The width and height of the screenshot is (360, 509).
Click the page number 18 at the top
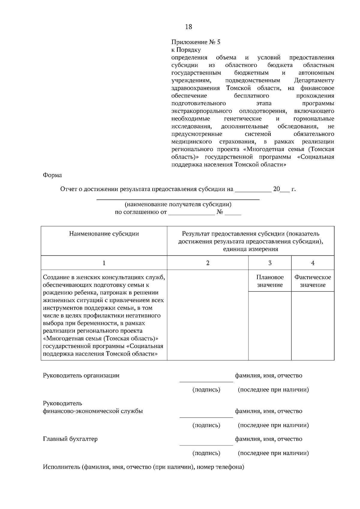188,27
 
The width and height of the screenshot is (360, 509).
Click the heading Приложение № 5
196,42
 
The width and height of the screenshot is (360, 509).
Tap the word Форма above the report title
52,175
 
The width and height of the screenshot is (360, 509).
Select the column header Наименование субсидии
104,234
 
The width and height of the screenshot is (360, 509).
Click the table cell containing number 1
104,263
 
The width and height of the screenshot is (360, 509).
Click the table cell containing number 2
208,263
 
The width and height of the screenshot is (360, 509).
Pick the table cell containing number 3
270,263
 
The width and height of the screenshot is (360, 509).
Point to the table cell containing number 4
313,263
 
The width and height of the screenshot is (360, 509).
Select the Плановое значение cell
270,281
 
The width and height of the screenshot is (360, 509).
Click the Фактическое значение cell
313,281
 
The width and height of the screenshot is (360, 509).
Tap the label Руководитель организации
81,376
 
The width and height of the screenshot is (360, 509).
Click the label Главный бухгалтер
70,439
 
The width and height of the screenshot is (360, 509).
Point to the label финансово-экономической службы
93,411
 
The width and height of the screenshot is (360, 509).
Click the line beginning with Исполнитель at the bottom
143,467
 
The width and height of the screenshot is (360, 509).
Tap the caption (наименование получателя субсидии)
178,205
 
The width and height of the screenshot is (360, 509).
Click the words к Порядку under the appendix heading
186,50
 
